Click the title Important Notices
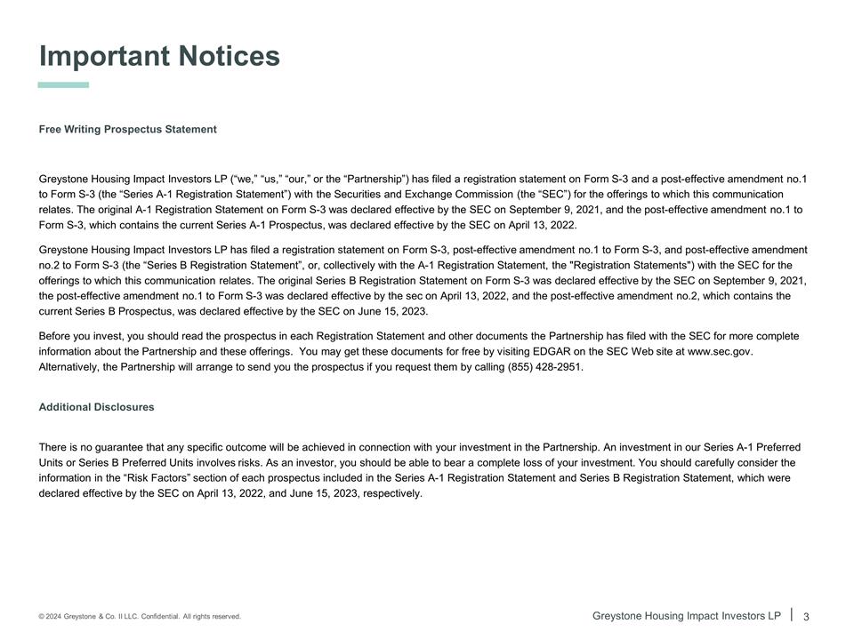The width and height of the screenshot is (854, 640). click(159, 56)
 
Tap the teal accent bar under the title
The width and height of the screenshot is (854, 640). click(63, 85)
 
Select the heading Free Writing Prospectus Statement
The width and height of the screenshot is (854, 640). click(127, 130)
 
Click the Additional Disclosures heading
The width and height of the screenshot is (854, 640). click(96, 407)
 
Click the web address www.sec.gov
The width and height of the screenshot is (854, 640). click(720, 352)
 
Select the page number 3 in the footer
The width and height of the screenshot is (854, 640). click(806, 616)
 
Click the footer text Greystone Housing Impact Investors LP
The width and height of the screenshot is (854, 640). click(686, 616)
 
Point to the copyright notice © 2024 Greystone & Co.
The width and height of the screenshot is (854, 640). click(93, 617)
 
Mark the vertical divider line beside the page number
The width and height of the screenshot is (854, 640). click(791, 613)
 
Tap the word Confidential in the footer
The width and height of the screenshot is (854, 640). click(157, 617)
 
